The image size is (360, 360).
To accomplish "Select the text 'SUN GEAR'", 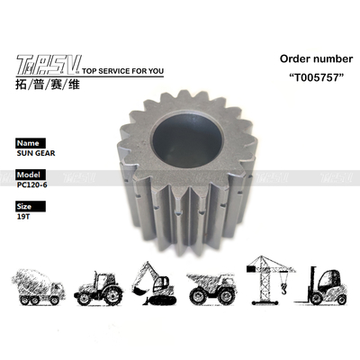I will pos(36,155).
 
